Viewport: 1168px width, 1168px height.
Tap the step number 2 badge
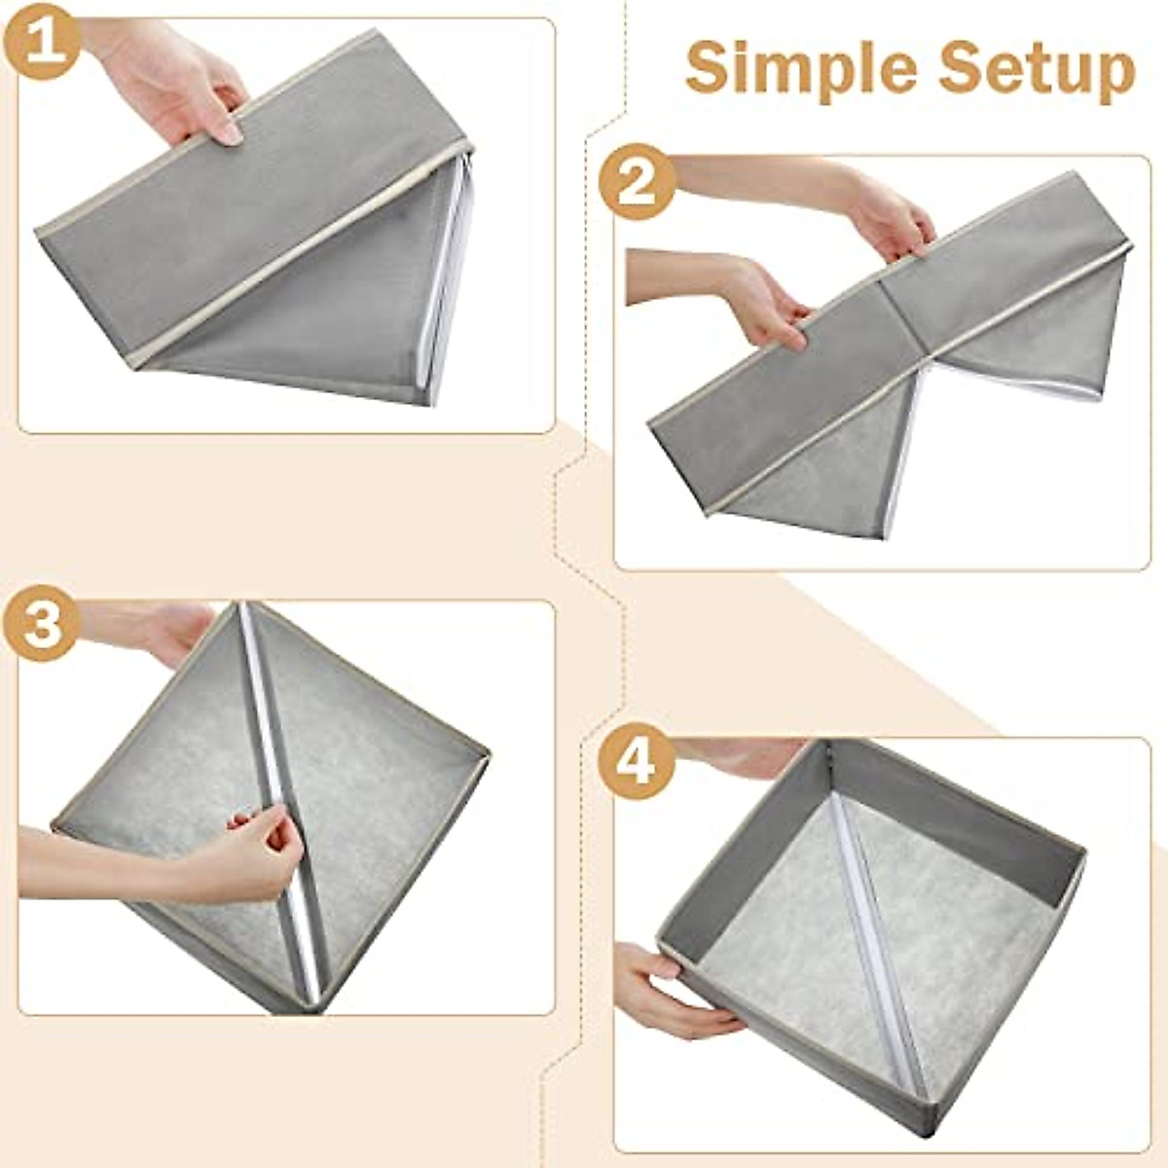[x=637, y=182]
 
